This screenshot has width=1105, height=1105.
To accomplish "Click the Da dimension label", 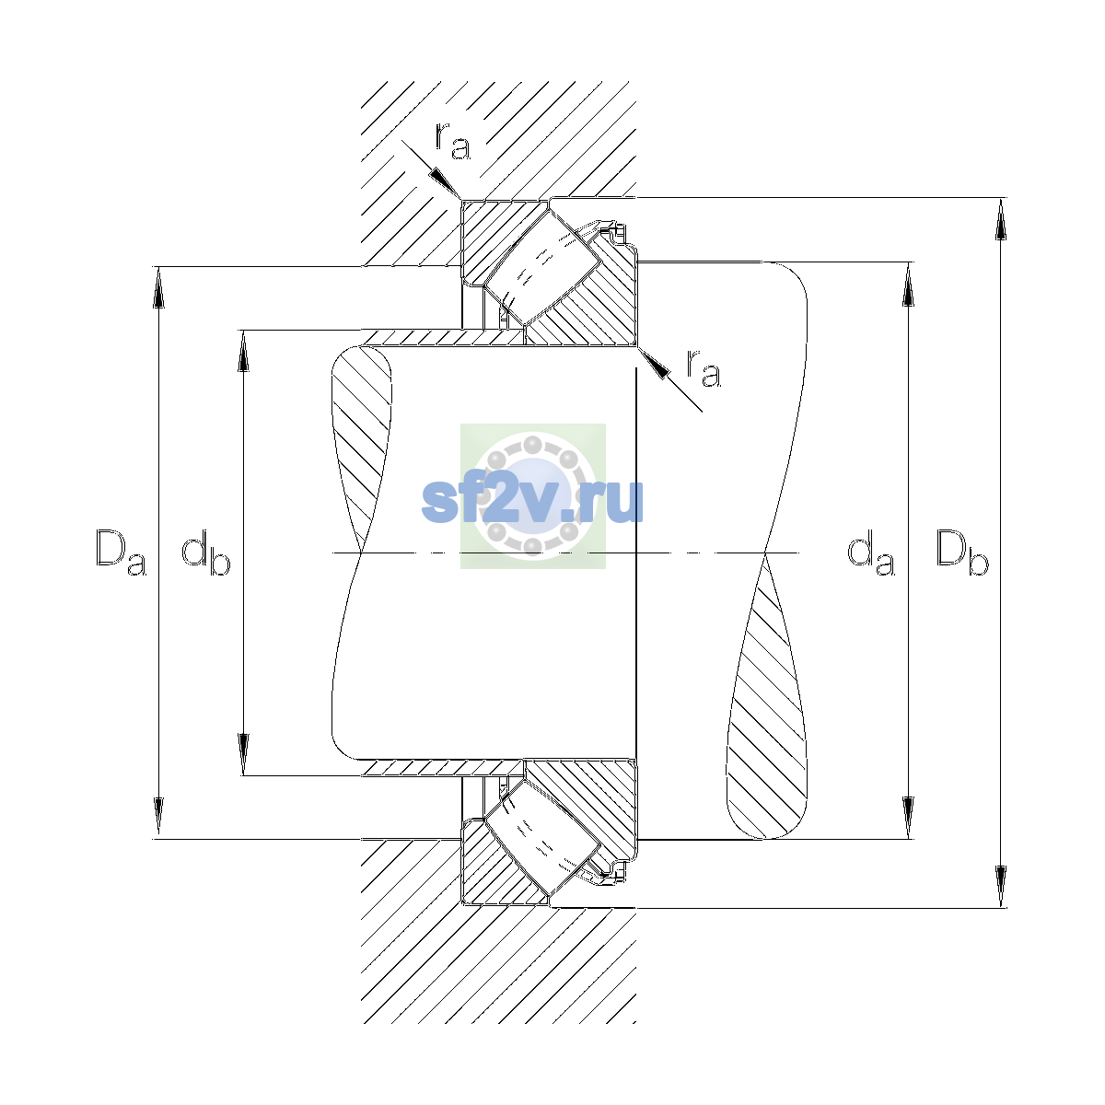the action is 121,552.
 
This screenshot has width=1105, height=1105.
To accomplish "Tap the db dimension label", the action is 206,552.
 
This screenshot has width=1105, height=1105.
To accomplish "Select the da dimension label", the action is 870,552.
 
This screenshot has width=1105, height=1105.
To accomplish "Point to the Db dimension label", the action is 962,552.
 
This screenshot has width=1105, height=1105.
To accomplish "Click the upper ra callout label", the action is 453,141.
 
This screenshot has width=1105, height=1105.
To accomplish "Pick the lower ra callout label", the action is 704,368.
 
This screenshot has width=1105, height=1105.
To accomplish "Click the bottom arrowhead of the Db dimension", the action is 1001,887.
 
